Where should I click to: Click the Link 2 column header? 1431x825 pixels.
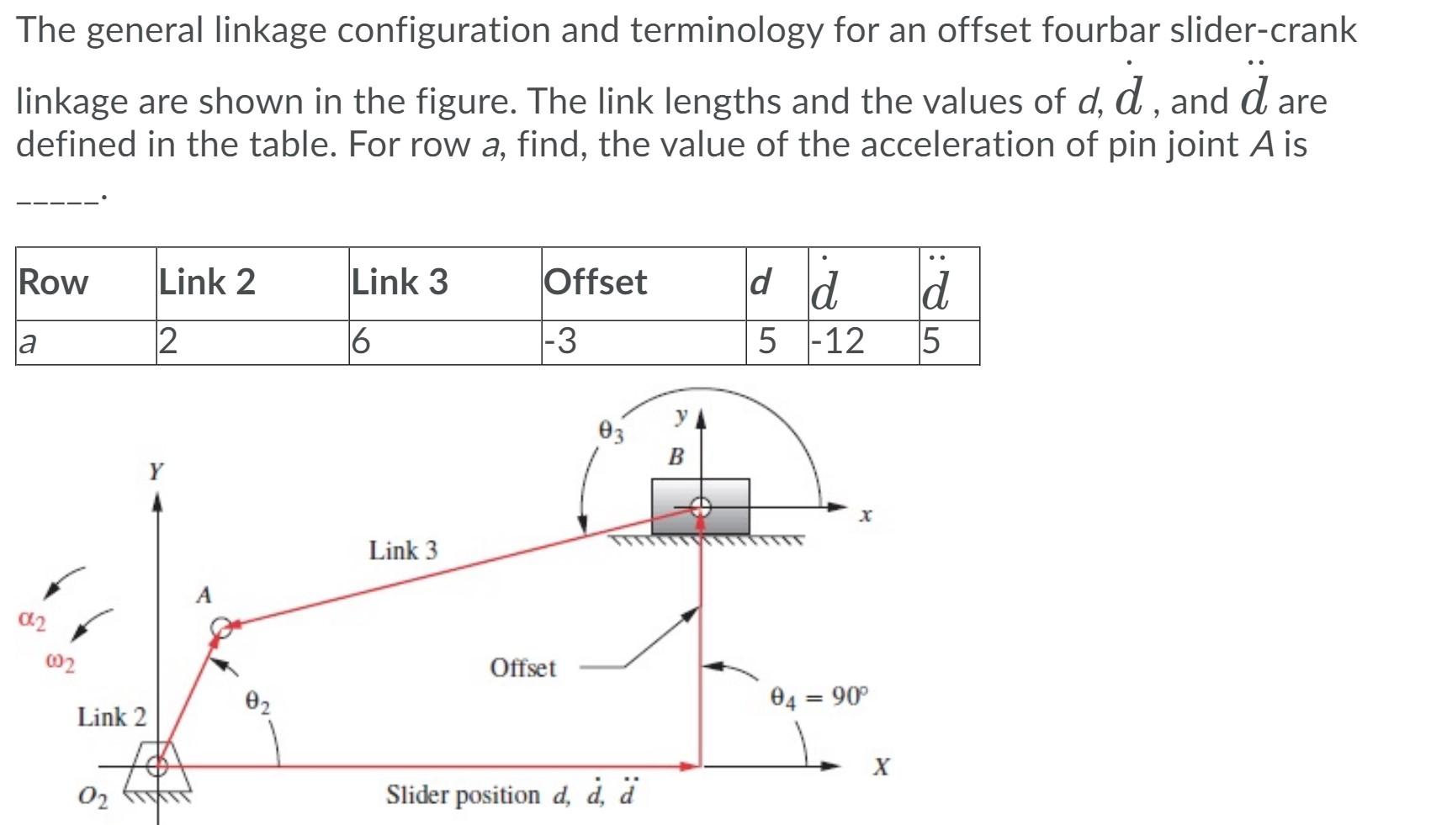[208, 282]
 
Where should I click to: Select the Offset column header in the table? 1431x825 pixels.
[596, 282]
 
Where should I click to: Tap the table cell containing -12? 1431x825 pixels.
[837, 341]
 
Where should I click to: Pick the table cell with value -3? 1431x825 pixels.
[560, 341]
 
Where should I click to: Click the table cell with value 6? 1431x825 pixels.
[360, 341]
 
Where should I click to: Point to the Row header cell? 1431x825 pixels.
[54, 282]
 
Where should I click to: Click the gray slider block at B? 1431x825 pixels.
[700, 506]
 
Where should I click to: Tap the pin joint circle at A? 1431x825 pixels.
[221, 627]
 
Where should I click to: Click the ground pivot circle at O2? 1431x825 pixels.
[157, 765]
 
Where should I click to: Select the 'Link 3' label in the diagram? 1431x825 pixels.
[403, 551]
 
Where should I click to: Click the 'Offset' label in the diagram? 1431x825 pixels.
[522, 669]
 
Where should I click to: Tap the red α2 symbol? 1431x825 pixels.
[32, 621]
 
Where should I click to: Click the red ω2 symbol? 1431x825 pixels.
[59, 664]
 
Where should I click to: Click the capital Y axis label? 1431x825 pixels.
[156, 471]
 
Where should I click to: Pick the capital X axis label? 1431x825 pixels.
[880, 767]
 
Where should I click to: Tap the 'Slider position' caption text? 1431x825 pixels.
[463, 795]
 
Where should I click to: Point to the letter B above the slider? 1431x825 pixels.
[676, 457]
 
